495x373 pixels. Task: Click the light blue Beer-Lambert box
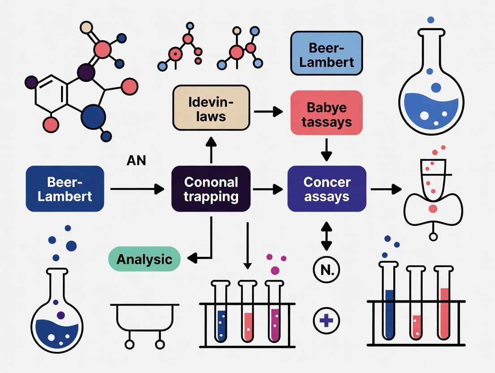[326, 53]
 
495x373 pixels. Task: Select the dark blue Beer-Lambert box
[65, 189]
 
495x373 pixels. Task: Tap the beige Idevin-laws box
[211, 108]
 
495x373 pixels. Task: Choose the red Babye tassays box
[326, 113]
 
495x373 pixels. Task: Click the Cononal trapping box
[211, 189]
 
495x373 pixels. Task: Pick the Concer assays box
[326, 189]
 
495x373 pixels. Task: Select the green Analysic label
[144, 259]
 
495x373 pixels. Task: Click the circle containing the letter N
[326, 270]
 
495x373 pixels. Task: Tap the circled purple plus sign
[326, 321]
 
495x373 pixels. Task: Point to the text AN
[136, 160]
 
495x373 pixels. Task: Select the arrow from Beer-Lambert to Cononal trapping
[137, 189]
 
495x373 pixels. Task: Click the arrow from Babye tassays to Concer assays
[326, 149]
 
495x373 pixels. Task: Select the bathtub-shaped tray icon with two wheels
[144, 321]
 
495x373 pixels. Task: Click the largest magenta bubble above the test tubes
[275, 270]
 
